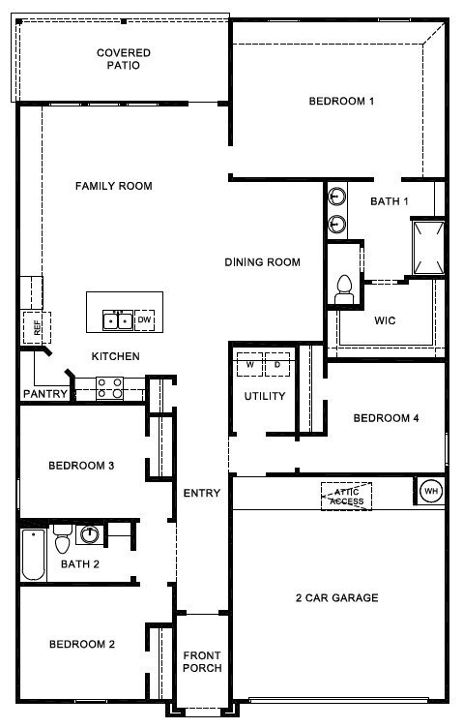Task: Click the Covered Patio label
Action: tap(124, 59)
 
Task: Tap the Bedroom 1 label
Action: tap(341, 102)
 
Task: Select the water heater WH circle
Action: tap(431, 491)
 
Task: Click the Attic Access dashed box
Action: tap(347, 497)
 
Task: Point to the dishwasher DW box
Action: tap(145, 320)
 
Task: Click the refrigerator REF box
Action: tap(37, 328)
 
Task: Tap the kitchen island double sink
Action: tap(118, 320)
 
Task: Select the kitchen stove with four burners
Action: tap(110, 388)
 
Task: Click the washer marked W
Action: tap(249, 364)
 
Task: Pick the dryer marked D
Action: tap(277, 364)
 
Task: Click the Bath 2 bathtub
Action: tap(34, 555)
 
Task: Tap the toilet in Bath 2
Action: tap(62, 539)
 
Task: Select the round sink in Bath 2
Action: tap(90, 534)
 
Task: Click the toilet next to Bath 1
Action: tap(344, 288)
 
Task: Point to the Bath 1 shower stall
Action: tap(429, 248)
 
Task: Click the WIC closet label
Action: tap(385, 320)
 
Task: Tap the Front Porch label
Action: tap(202, 661)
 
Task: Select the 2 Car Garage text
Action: tap(337, 597)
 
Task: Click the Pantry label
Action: tap(45, 394)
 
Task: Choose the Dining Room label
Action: tap(262, 262)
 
